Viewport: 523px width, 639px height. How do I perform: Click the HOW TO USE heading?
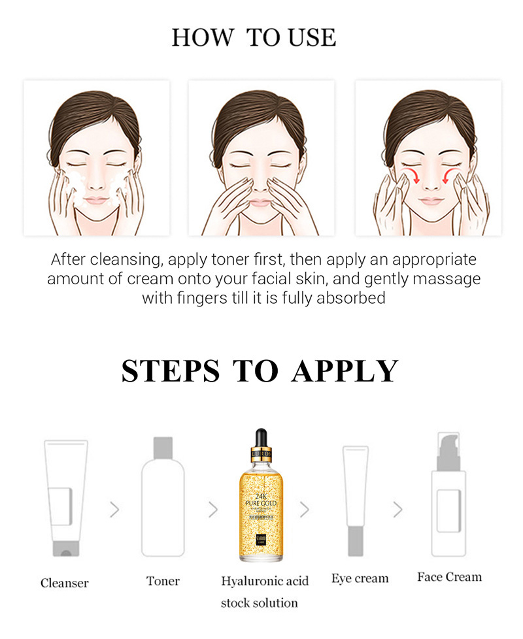pos(254,38)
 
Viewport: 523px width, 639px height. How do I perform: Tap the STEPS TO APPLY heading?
pos(260,371)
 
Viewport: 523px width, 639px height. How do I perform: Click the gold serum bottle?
pos(261,503)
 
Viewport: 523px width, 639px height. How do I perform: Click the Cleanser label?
pos(64,583)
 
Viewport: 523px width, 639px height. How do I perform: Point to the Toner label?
pos(163,580)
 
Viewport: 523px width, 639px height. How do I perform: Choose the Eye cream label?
pos(360,578)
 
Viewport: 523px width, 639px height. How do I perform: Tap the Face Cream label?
pos(449,577)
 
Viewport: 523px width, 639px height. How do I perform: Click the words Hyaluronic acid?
pos(265,581)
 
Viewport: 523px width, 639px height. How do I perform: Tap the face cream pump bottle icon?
pos(448,500)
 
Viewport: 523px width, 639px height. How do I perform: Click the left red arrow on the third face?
pos(409,175)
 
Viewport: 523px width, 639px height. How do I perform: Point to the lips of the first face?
pos(96,200)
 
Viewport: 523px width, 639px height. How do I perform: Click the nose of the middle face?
pos(260,183)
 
